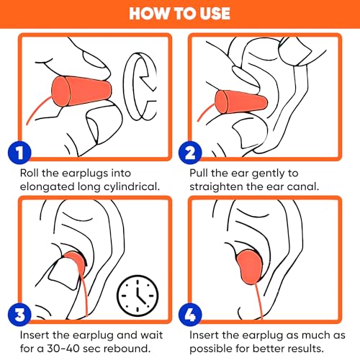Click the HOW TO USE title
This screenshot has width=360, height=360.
[x=180, y=14]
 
